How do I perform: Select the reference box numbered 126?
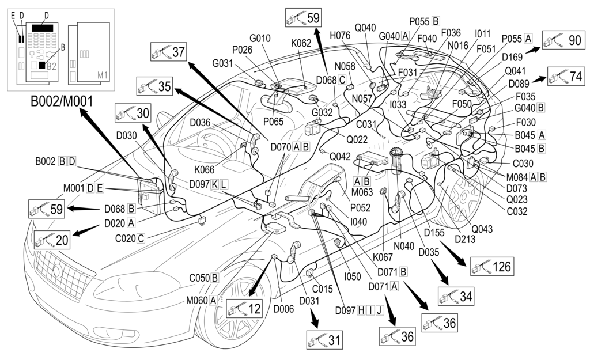[491, 266]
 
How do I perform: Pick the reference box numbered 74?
[568, 77]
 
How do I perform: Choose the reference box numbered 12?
[244, 309]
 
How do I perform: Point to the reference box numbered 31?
[324, 340]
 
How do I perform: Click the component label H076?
[340, 35]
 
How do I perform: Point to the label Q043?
[482, 229]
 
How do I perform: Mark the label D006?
[283, 309]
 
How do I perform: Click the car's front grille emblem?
[58, 271]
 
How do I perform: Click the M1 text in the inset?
[103, 75]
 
